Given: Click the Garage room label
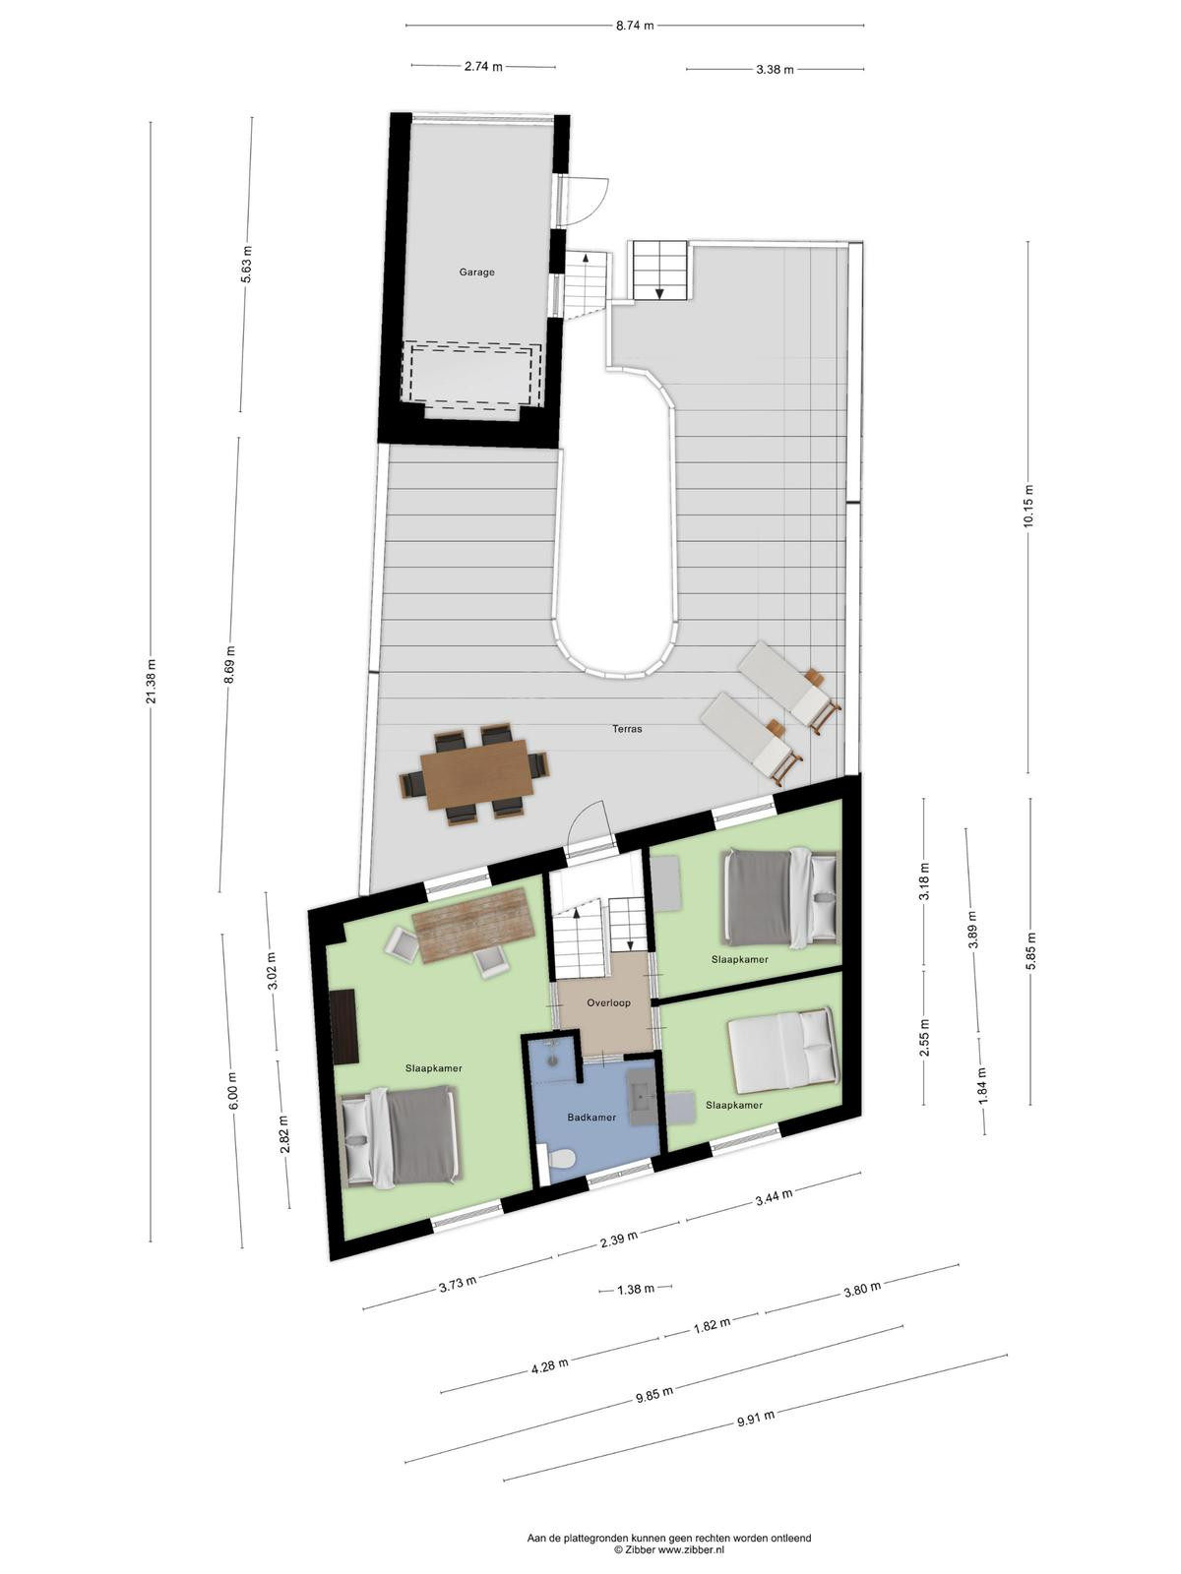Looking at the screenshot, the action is coord(477,272).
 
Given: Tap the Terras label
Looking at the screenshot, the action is coord(627,729).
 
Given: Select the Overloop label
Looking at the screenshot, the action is coord(609,1002).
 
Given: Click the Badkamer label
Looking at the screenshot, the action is coord(591,1118).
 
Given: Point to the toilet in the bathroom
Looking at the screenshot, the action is coord(559,1159).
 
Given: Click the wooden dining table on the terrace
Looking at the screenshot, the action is coord(477,774).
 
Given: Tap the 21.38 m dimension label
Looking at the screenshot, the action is coord(151,681).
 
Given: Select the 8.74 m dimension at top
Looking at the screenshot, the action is coord(635,26).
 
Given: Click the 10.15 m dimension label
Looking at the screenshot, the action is coord(1029,507).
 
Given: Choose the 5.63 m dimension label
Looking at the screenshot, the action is coord(247,265).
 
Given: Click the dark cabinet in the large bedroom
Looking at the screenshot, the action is coord(345,1026).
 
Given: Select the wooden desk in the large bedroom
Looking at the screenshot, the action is coord(474,925).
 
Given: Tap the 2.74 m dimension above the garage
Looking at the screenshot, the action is coord(483,67).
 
